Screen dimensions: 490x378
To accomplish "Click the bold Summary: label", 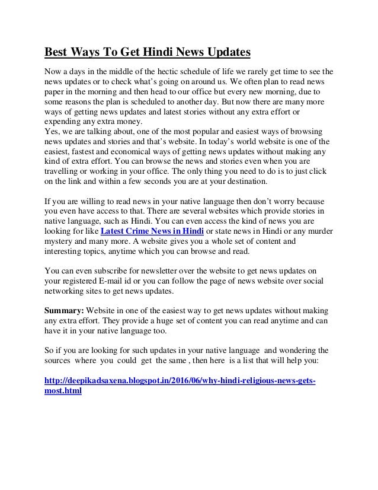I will coord(65,311).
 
